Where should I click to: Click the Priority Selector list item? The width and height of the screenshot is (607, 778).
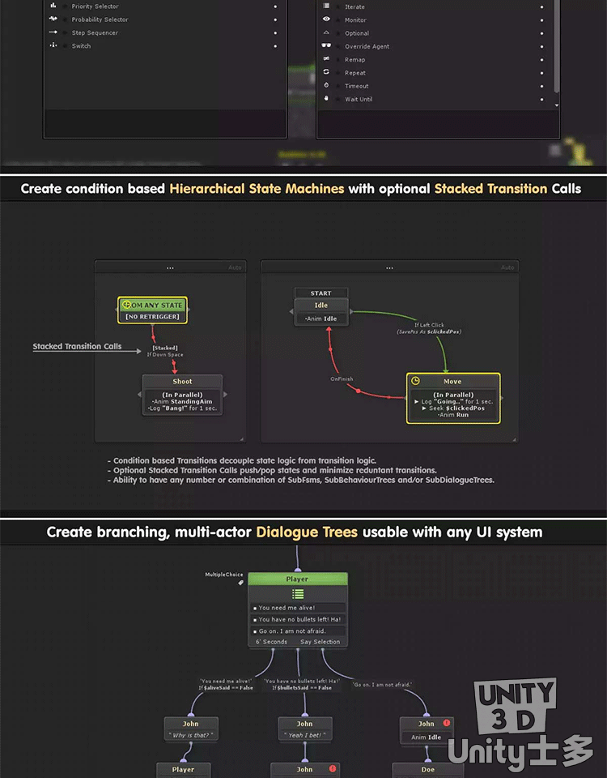click(95, 6)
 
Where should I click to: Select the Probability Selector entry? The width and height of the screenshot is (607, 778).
click(100, 19)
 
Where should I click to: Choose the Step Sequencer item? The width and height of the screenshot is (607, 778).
click(95, 33)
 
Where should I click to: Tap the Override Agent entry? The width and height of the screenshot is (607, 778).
click(367, 47)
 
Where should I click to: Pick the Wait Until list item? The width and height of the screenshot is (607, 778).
click(359, 100)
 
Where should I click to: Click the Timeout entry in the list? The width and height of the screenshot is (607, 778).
click(356, 86)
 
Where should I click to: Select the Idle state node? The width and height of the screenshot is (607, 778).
click(321, 306)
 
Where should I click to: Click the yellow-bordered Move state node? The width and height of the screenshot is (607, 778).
click(452, 382)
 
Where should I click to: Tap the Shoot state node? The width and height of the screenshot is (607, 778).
click(183, 382)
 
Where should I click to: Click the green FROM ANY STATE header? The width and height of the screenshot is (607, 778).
click(153, 305)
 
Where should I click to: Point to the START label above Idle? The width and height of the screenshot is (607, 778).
click(320, 293)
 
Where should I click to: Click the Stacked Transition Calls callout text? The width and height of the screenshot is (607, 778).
click(77, 347)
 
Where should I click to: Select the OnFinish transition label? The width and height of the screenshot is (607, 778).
click(342, 378)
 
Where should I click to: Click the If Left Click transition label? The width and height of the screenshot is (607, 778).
click(429, 325)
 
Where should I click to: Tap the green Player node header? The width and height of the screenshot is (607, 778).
click(297, 579)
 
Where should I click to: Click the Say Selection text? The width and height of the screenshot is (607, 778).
click(320, 642)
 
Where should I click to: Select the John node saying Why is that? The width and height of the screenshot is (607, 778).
click(191, 729)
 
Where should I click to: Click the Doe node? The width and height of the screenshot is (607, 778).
click(427, 770)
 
